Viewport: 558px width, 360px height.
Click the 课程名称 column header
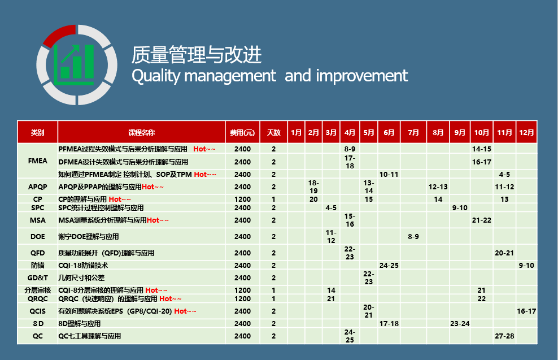click(x=141, y=132)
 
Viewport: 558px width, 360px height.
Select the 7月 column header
click(x=413, y=132)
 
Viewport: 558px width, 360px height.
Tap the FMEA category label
click(x=38, y=161)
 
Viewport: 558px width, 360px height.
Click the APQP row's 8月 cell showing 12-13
click(x=438, y=187)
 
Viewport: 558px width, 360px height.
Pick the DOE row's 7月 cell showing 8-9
click(x=413, y=236)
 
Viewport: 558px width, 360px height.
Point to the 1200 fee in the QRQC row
click(x=242, y=299)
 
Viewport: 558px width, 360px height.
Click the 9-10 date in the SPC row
click(x=460, y=207)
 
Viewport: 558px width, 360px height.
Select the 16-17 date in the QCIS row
click(x=526, y=311)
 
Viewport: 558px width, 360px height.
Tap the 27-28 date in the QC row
click(x=504, y=336)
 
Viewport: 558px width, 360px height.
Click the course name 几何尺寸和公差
click(x=81, y=277)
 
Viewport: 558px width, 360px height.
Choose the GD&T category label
click(x=38, y=277)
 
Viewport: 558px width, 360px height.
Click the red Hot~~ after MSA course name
click(x=158, y=220)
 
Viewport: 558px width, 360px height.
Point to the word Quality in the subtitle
click(x=156, y=76)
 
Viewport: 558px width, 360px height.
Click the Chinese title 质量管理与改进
click(x=197, y=55)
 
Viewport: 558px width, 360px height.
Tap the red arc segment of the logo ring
click(x=59, y=34)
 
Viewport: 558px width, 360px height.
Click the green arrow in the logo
click(x=70, y=54)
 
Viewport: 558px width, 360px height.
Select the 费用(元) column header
click(x=242, y=132)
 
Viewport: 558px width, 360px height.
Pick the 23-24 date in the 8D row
click(x=460, y=324)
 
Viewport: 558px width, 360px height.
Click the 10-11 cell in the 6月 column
click(x=389, y=175)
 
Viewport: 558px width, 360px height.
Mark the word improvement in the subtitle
click(x=362, y=76)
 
